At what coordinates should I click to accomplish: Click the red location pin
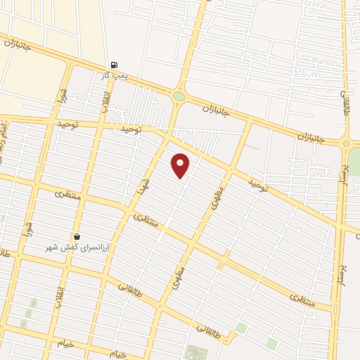(x=181, y=165)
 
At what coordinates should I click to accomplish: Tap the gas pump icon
(x=114, y=65)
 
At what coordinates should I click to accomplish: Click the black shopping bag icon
(x=77, y=237)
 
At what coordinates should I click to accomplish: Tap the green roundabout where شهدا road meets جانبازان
(x=179, y=96)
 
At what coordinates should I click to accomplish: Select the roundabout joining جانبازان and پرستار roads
(x=346, y=143)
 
